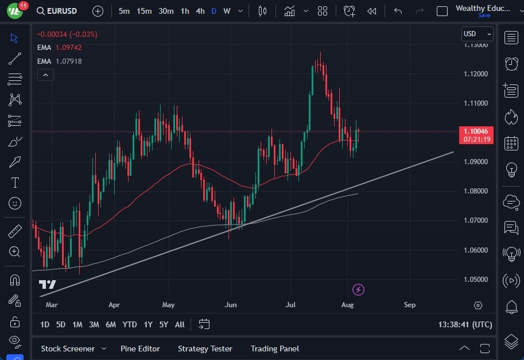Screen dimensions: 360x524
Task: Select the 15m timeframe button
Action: pyautogui.click(x=144, y=11)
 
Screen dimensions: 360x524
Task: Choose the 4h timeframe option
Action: pyautogui.click(x=200, y=11)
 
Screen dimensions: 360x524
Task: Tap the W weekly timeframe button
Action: pyautogui.click(x=227, y=11)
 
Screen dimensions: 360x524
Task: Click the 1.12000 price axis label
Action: pyautogui.click(x=476, y=74)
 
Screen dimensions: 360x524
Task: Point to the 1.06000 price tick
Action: pyautogui.click(x=476, y=250)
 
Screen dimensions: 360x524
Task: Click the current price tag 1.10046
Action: pyautogui.click(x=476, y=131)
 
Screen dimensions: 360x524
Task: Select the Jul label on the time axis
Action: pyautogui.click(x=291, y=305)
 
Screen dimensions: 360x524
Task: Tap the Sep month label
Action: pyautogui.click(x=409, y=305)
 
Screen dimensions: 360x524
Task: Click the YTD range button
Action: pyautogui.click(x=130, y=324)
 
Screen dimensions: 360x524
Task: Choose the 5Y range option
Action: pyautogui.click(x=164, y=324)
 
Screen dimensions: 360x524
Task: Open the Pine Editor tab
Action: pyautogui.click(x=140, y=349)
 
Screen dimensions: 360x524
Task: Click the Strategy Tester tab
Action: pyautogui.click(x=205, y=349)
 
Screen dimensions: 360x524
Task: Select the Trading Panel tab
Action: pyautogui.click(x=275, y=349)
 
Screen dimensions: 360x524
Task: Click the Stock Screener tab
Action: pyautogui.click(x=67, y=349)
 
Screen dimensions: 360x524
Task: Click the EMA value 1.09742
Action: pyautogui.click(x=68, y=47)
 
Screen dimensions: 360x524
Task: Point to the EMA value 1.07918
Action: pyautogui.click(x=68, y=61)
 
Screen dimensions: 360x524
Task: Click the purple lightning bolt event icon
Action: pyautogui.click(x=359, y=289)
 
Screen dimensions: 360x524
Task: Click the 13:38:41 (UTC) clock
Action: pyautogui.click(x=465, y=324)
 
